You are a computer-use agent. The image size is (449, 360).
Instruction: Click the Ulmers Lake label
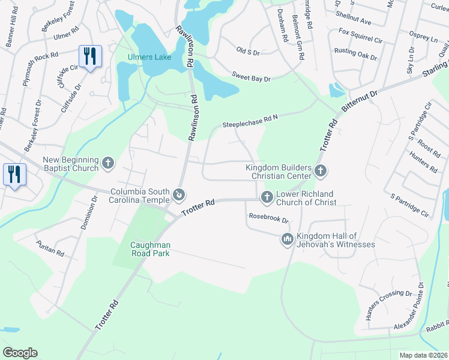tap(149, 58)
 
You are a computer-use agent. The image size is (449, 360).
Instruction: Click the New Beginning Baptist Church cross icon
tap(108, 163)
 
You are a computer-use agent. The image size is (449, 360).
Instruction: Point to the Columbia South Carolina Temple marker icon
tap(179, 194)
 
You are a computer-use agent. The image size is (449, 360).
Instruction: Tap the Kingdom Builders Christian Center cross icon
tap(321, 172)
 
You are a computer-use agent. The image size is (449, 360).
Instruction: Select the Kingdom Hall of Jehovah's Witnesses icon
tap(287, 239)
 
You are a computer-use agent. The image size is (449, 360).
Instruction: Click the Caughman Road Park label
tap(151, 249)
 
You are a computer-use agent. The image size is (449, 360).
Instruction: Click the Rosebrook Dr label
tap(268, 218)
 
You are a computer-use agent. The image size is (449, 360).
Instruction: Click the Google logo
tap(20, 353)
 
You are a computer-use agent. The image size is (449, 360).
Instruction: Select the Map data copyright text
tap(424, 355)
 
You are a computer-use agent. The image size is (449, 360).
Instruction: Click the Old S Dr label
tap(247, 53)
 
